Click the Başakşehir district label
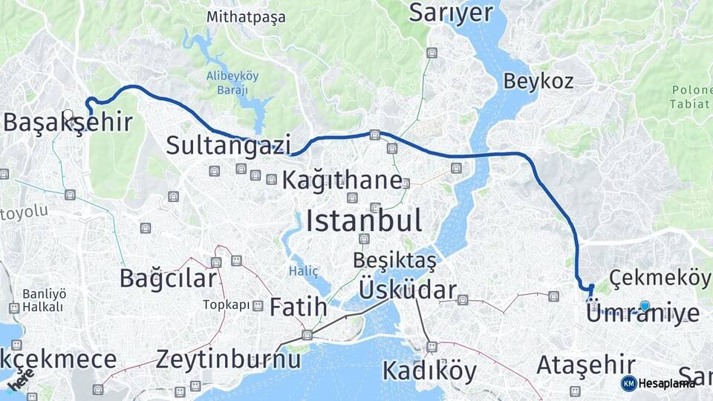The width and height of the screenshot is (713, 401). [68, 123]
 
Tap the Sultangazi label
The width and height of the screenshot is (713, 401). [228, 146]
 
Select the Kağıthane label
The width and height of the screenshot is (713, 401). [342, 180]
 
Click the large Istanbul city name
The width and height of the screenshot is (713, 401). [364, 221]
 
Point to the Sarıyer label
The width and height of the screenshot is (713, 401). [451, 13]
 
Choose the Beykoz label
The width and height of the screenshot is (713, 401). [538, 81]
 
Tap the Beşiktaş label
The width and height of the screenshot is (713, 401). [394, 261]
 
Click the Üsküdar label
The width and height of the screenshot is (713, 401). [407, 290]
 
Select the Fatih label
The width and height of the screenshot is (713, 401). [298, 307]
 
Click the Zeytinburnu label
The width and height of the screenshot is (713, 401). [228, 360]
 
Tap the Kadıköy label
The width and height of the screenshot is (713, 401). [429, 371]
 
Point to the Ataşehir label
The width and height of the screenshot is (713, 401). [585, 365]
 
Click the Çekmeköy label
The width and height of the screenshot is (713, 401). [660, 278]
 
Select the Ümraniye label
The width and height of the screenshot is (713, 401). [642, 313]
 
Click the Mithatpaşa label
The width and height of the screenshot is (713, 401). [246, 16]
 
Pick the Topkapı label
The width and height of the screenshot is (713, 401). [227, 305]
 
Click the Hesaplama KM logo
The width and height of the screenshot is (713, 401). [658, 383]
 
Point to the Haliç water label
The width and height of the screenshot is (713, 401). [301, 271]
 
